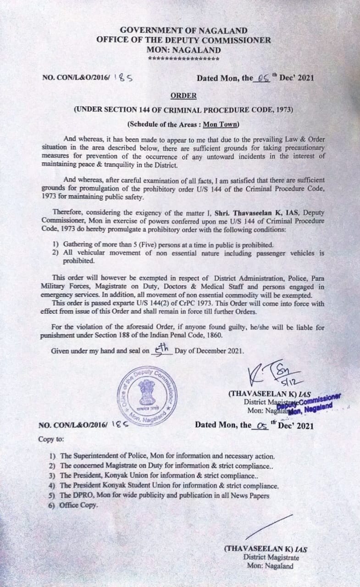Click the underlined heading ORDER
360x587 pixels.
click(x=183, y=96)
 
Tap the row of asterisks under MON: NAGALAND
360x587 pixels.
click(x=184, y=59)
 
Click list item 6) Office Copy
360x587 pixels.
click(x=73, y=505)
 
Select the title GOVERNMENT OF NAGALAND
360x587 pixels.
click(x=183, y=31)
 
